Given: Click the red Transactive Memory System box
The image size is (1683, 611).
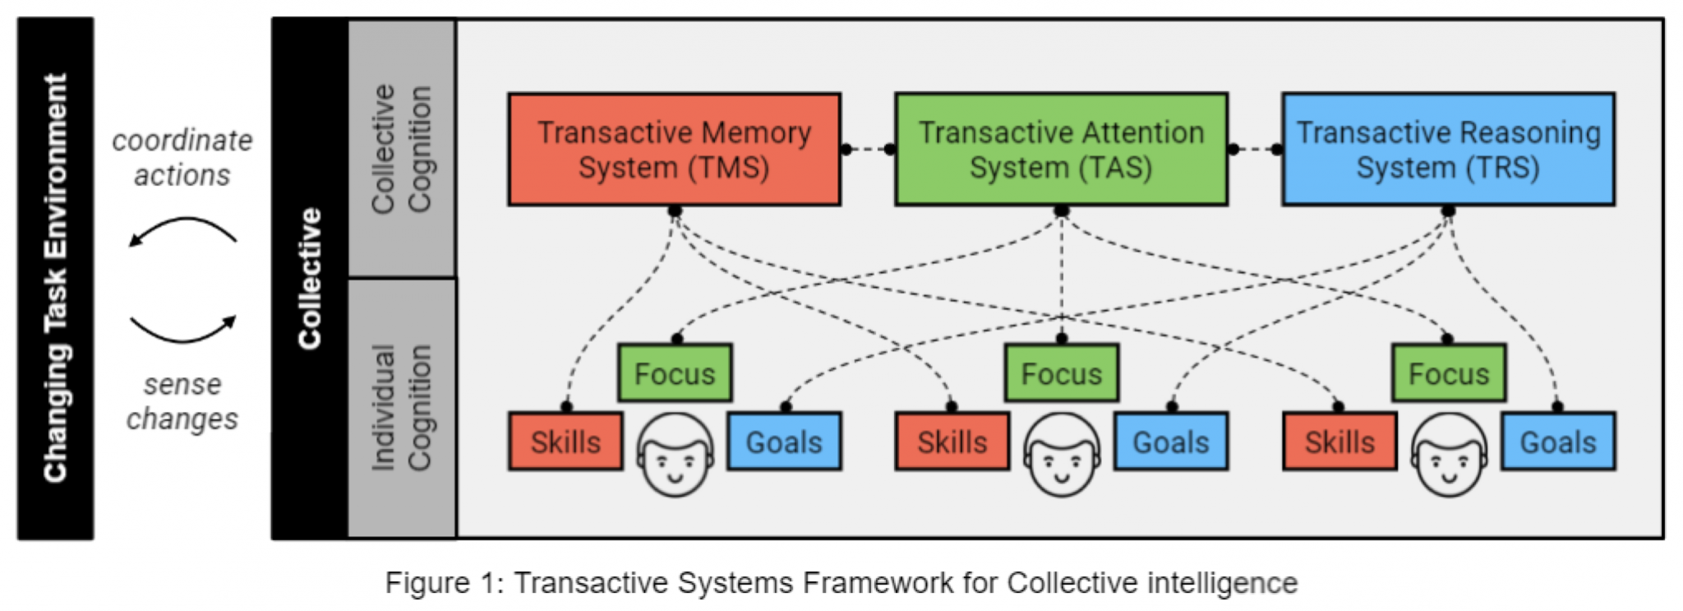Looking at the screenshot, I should tap(674, 149).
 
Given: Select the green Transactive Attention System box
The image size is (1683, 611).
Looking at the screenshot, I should tap(1061, 149).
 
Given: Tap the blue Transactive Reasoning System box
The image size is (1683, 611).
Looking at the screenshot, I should tap(1448, 149).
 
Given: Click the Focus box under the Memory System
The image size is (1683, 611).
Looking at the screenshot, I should tap(675, 373).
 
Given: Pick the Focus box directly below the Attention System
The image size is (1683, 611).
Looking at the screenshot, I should tap(1061, 373).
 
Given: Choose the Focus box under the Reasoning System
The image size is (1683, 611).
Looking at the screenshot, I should tap(1449, 373).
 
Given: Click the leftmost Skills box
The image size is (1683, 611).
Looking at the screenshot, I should tap(565, 442).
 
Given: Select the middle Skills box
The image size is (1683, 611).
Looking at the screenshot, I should tap(952, 442).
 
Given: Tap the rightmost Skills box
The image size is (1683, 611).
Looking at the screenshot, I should tap(1339, 442).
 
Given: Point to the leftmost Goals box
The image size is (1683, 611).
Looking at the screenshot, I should tap(784, 442).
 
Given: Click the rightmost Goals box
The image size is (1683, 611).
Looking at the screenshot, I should tap(1558, 442).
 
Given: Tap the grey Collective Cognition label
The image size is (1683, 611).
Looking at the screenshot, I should tap(402, 149).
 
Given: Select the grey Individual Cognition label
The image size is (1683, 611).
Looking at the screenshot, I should tap(402, 408).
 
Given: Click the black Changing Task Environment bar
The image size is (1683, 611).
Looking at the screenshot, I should tap(55, 278).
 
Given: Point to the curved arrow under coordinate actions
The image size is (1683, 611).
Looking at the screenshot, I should tap(182, 229).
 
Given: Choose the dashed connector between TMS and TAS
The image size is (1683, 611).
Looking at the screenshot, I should tap(868, 150).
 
